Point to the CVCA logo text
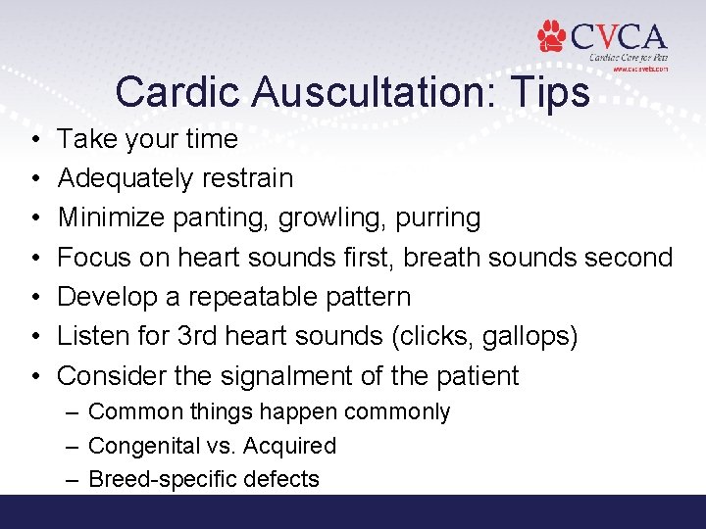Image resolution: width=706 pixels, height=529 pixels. point(619,37)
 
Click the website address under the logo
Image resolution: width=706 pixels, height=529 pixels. point(639,71)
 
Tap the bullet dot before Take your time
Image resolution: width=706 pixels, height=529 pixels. point(33,140)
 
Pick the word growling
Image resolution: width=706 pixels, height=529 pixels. point(325,217)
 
